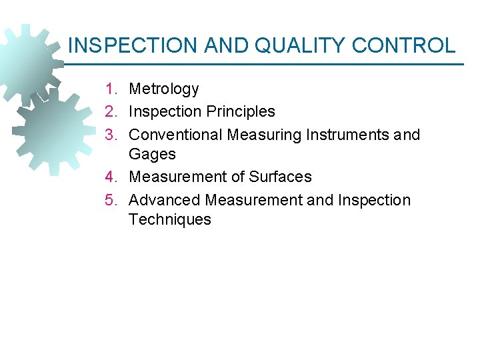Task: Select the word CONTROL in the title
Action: pos(403,45)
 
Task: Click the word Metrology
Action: pos(164,89)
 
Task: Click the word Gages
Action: pos(152,154)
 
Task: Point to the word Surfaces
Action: pos(280,177)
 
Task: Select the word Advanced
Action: pos(165,200)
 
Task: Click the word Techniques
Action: pos(169,219)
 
